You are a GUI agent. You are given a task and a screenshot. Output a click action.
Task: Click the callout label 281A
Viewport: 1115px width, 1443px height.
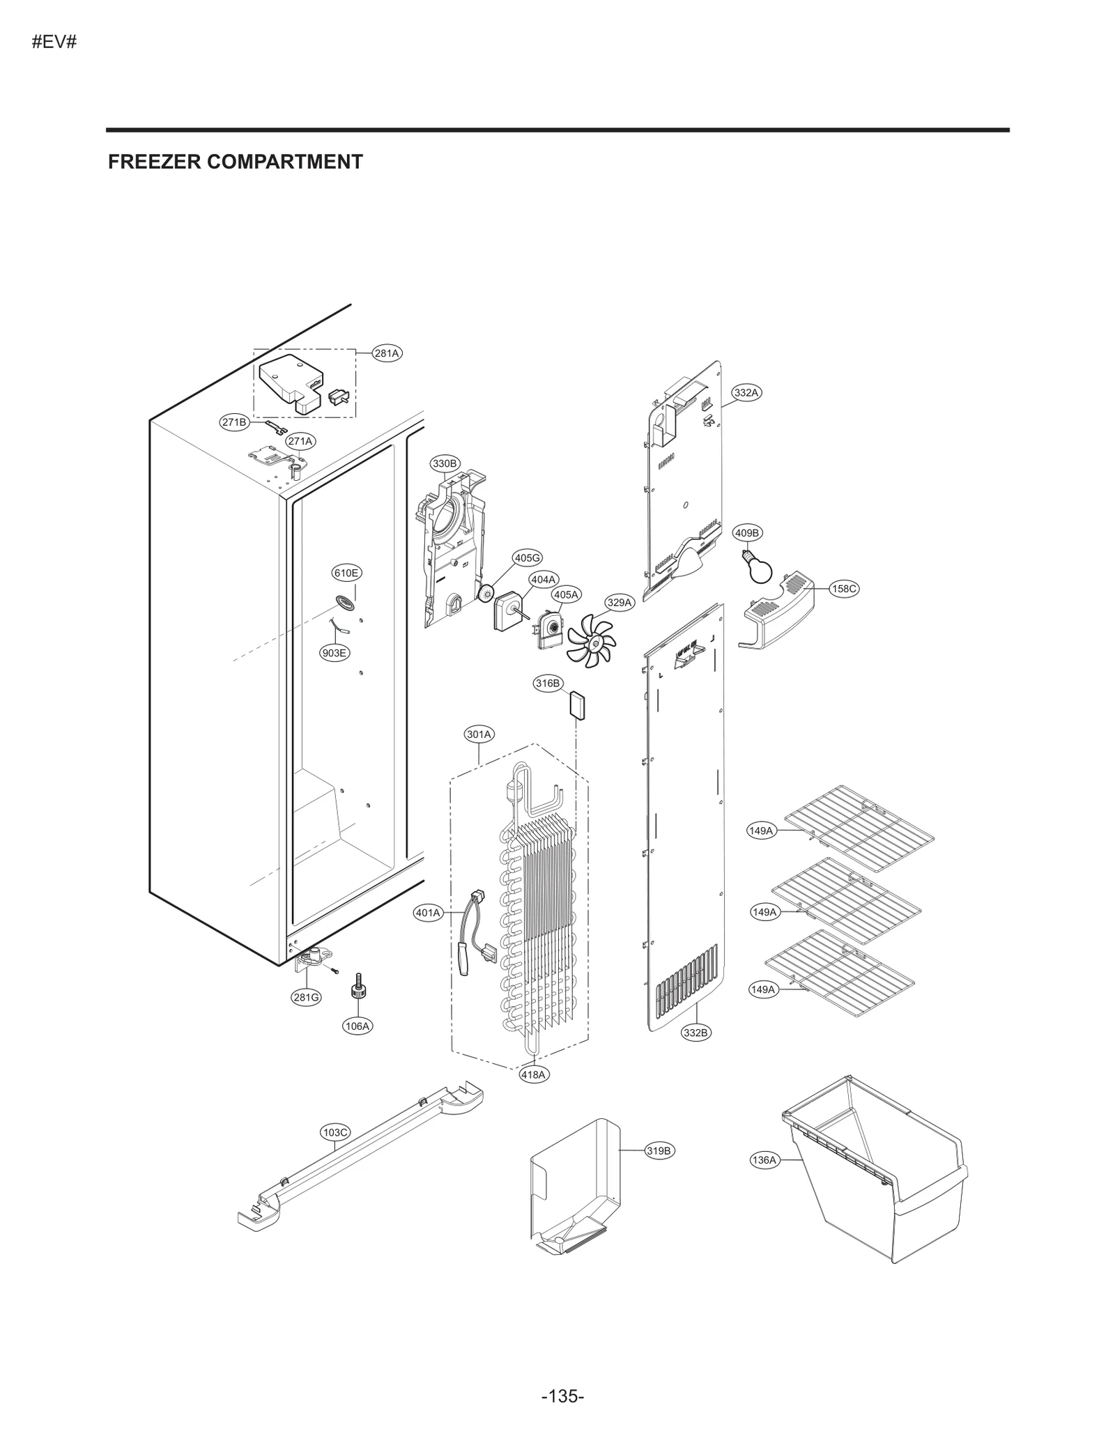(x=386, y=353)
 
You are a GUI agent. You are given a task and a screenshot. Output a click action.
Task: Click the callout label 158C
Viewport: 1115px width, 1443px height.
(x=844, y=589)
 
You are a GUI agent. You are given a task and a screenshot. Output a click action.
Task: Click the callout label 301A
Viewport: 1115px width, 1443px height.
(x=479, y=734)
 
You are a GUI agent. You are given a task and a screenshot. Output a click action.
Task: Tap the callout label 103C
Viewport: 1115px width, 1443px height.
(x=335, y=1133)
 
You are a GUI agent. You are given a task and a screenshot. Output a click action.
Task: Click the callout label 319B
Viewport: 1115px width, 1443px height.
(x=658, y=1151)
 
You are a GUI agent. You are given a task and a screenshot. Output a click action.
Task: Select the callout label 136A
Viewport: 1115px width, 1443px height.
(x=764, y=1160)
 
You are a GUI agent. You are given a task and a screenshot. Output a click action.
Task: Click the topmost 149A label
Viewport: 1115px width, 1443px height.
(x=761, y=831)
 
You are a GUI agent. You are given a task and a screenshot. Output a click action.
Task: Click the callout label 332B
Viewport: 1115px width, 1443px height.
(x=695, y=1033)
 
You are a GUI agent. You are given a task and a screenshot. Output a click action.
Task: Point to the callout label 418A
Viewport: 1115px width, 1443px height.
(x=534, y=1074)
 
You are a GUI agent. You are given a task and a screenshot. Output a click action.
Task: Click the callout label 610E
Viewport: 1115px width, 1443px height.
(x=346, y=573)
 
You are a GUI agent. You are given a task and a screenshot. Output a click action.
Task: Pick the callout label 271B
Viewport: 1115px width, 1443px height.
(x=234, y=422)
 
